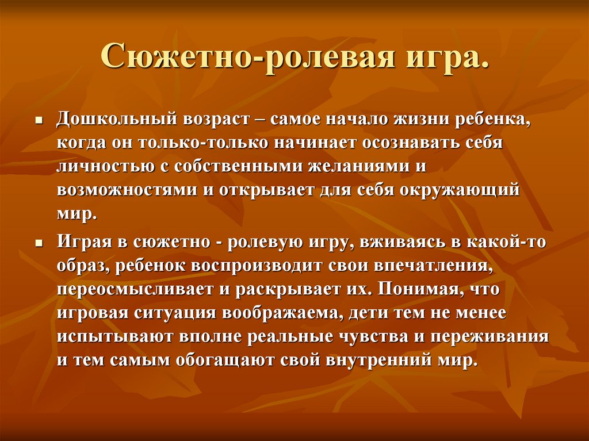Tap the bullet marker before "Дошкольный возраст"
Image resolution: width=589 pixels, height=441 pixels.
[x=39, y=122]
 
